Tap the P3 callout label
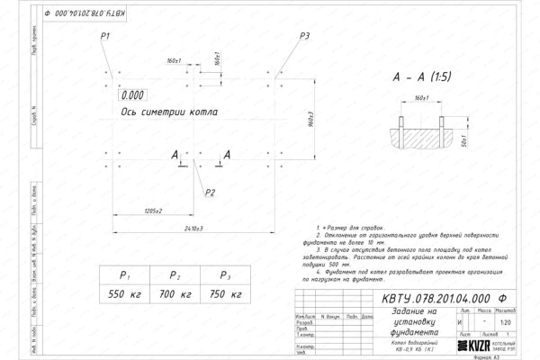click(x=305, y=35)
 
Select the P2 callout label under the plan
click(x=210, y=192)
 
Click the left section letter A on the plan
click(x=174, y=157)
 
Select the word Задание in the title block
click(x=406, y=311)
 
